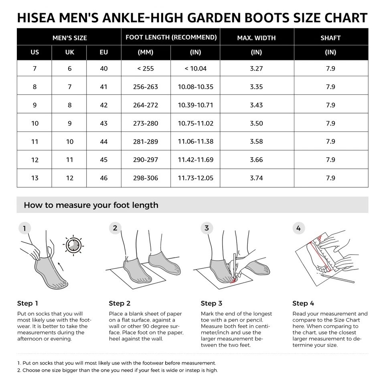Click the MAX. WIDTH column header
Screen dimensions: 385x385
pyautogui.click(x=256, y=38)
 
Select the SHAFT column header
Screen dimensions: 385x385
pyautogui.click(x=330, y=38)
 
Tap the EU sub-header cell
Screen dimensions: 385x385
pyautogui.click(x=104, y=52)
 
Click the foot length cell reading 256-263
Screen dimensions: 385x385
pyautogui.click(x=146, y=87)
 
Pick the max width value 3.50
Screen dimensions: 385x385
pyautogui.click(x=256, y=123)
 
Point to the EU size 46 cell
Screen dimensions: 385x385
pyautogui.click(x=104, y=178)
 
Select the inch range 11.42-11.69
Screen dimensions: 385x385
pyautogui.click(x=195, y=160)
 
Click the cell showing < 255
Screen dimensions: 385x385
pyautogui.click(x=146, y=69)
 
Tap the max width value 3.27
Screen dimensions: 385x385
pyautogui.click(x=256, y=69)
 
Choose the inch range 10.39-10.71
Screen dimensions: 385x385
pyautogui.click(x=195, y=105)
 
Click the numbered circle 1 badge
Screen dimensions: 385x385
pyautogui.click(x=24, y=229)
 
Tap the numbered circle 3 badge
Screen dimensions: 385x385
pyautogui.click(x=207, y=228)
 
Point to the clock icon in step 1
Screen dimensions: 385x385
pyautogui.click(x=73, y=245)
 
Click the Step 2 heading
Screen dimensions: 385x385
pyautogui.click(x=120, y=303)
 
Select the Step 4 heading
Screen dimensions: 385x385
pyautogui.click(x=303, y=303)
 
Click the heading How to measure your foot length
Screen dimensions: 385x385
pyautogui.click(x=91, y=205)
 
